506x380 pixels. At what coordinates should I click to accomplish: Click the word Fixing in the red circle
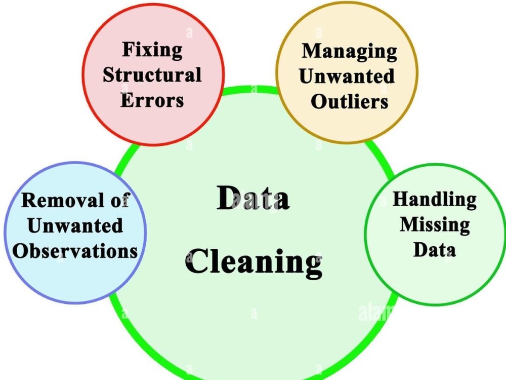(x=152, y=51)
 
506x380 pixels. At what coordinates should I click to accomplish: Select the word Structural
(x=152, y=75)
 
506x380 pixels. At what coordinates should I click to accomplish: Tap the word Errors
(x=152, y=100)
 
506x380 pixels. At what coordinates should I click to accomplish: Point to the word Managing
(x=350, y=52)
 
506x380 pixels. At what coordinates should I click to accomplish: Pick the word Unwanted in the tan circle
(x=347, y=77)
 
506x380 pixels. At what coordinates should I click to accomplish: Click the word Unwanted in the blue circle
(x=75, y=225)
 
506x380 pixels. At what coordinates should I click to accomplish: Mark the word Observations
(x=75, y=251)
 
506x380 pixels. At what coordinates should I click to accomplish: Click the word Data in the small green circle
(x=435, y=250)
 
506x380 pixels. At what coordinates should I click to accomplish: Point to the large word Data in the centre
(x=253, y=198)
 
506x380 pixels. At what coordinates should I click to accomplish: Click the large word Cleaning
(x=254, y=262)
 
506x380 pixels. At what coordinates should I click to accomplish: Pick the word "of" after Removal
(x=120, y=200)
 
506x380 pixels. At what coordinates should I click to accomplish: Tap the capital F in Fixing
(x=129, y=49)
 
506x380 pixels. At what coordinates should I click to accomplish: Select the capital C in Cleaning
(x=196, y=261)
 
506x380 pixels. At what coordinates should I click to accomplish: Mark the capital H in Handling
(x=401, y=199)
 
